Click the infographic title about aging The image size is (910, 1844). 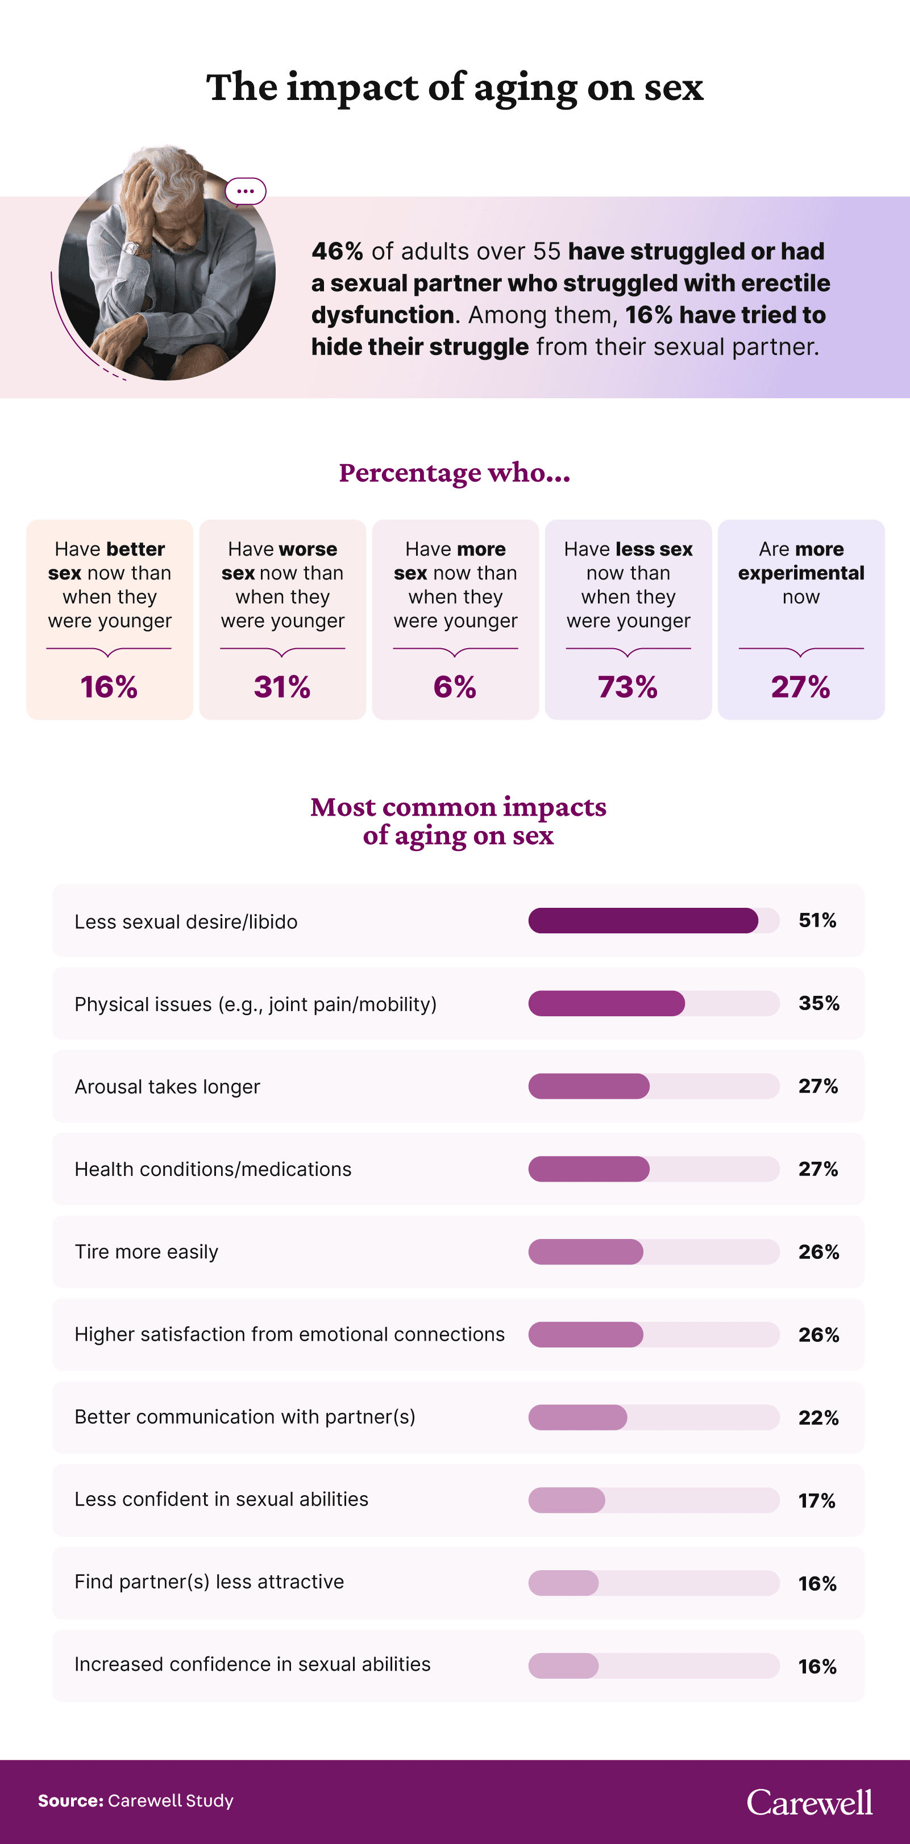click(455, 87)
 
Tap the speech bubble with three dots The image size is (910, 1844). click(246, 191)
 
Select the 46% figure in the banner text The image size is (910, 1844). click(337, 251)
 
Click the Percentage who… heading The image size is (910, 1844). click(455, 473)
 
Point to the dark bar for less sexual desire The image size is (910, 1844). click(642, 920)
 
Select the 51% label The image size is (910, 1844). click(817, 920)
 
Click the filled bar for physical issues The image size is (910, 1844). click(606, 1004)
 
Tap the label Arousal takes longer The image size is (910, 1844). click(167, 1087)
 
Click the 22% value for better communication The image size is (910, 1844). click(818, 1417)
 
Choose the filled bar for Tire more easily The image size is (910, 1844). click(585, 1252)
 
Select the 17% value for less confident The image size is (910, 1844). click(817, 1500)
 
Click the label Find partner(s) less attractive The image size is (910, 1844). click(209, 1582)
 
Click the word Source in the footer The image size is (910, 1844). click(70, 1801)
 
